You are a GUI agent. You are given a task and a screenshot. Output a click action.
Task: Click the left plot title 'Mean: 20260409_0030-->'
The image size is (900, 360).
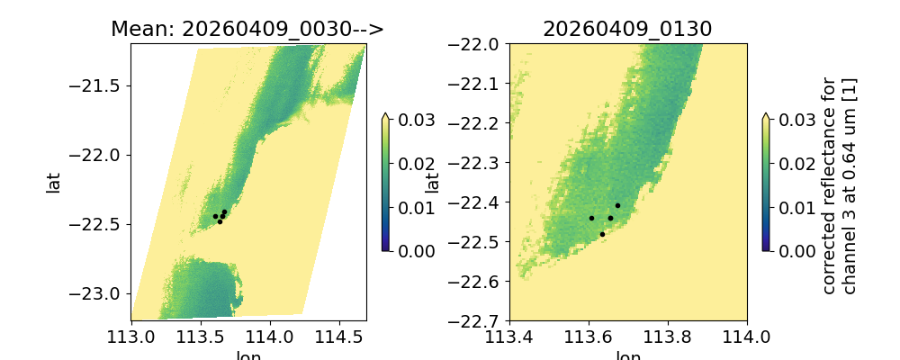point(247,29)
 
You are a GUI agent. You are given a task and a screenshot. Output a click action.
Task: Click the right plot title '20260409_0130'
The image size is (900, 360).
point(627,29)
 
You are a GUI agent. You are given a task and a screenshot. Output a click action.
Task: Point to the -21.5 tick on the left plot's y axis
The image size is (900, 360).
point(130,85)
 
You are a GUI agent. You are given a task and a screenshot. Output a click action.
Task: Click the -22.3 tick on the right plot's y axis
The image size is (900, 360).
point(509,162)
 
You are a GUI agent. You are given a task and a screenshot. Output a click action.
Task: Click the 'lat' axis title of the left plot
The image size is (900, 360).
point(54,183)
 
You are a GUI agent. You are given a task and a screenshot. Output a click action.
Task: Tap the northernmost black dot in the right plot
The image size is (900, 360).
point(617,205)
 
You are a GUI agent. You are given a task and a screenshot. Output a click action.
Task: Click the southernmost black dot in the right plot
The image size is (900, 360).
point(602,234)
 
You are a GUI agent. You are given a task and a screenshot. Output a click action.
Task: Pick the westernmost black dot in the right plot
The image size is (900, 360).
point(591,218)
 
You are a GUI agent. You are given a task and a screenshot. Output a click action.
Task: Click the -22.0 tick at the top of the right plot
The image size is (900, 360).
point(509,44)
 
